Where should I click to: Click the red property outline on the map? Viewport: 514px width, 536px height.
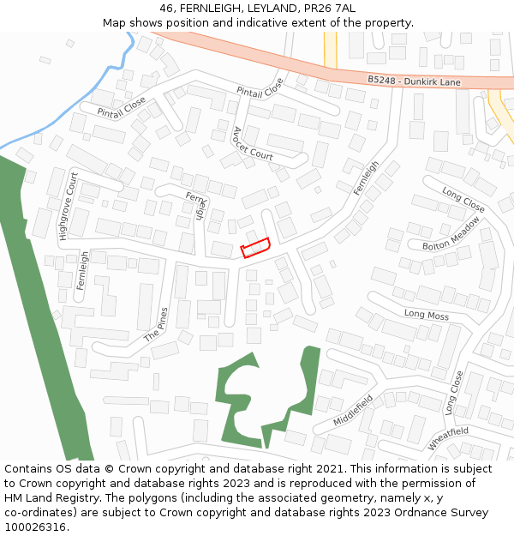point(255,247)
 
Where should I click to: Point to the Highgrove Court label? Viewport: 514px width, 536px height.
point(68,206)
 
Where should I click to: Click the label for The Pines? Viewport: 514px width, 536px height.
point(156,324)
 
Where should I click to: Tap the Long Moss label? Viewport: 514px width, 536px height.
point(426,315)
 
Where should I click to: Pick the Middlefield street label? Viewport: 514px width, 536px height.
point(354,413)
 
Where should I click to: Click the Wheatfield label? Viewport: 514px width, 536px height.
point(448,437)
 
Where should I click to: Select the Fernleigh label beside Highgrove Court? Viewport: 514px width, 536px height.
point(82,270)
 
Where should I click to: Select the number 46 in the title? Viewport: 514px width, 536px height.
point(166,9)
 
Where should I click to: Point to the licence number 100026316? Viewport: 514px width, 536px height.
point(35,527)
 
